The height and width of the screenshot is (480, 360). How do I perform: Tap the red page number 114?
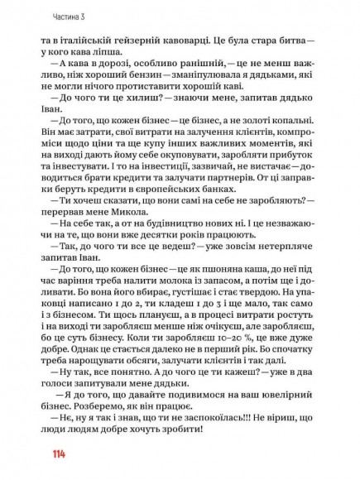[x=56, y=454]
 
